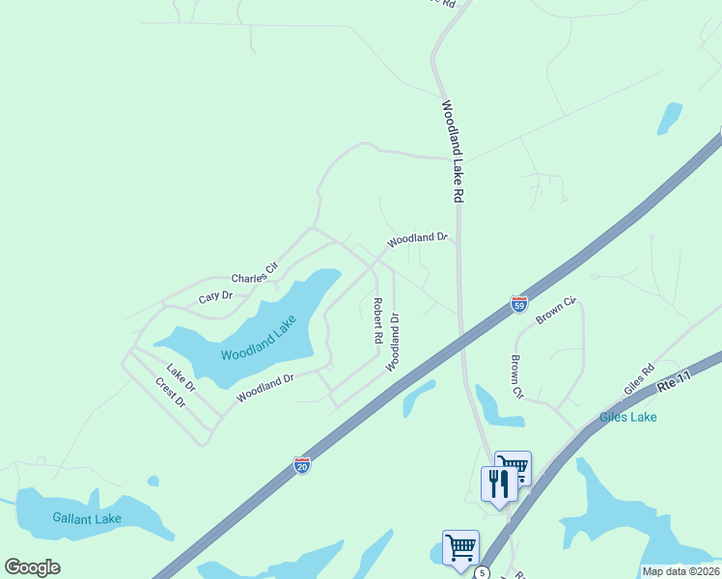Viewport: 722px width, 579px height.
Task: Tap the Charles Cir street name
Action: coord(254,272)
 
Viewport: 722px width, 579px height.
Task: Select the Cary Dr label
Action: coord(216,297)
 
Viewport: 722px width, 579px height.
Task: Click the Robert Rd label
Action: coord(377,321)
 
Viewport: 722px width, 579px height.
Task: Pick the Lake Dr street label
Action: coord(180,377)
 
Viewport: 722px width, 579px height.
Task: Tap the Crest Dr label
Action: coord(170,392)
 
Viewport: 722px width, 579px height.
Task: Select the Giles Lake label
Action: coord(627,417)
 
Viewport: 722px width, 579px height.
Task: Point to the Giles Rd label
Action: coord(639,379)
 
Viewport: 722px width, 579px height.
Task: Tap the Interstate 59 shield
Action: coord(519,304)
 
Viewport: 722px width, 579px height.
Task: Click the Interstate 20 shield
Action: coord(302,465)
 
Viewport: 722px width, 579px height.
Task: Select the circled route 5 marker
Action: coord(480,573)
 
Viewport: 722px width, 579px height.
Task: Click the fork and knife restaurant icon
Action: coord(498,482)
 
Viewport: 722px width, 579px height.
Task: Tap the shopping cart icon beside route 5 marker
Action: coord(460,546)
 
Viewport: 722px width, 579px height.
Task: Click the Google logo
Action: coord(33,567)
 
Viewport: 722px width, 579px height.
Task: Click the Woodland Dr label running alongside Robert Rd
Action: coord(393,342)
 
